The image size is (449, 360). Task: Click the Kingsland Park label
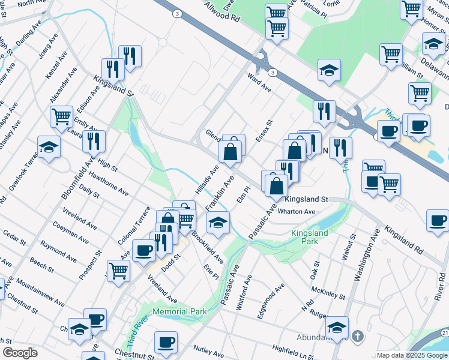pyautogui.click(x=309, y=236)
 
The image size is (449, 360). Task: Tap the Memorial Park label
pyautogui.click(x=179, y=311)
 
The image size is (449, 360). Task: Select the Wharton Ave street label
pyautogui.click(x=300, y=212)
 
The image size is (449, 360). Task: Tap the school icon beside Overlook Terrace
pyautogui.click(x=49, y=147)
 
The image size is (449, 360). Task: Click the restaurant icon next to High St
pyautogui.click(x=94, y=142)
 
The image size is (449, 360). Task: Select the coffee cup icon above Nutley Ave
pyautogui.click(x=166, y=342)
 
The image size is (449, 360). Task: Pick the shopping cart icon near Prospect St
pyautogui.click(x=119, y=271)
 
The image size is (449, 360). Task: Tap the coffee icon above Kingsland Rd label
pyautogui.click(x=438, y=220)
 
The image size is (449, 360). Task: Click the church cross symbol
pyautogui.click(x=358, y=335)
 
